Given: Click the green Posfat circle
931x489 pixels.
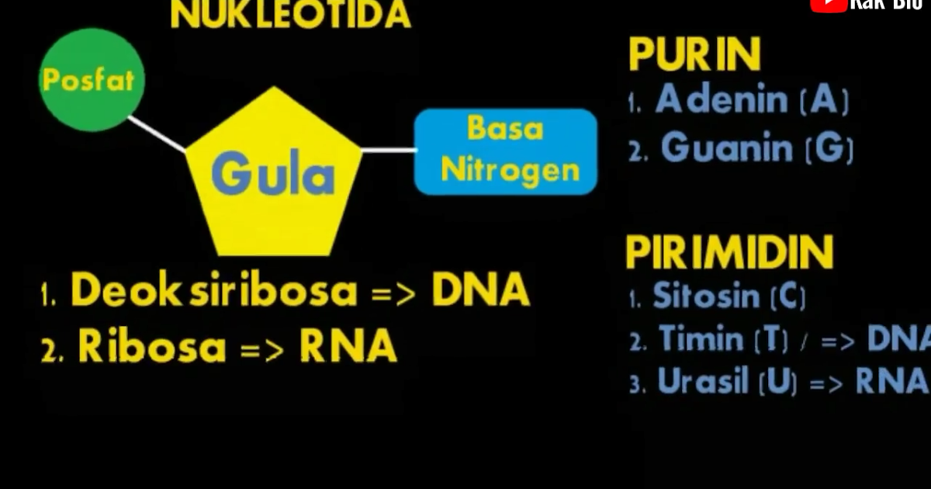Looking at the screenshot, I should [92, 80].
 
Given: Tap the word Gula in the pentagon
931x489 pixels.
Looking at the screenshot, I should [272, 175].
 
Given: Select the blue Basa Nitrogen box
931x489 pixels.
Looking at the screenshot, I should [506, 151].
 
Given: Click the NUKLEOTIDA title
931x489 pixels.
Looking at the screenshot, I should [290, 14].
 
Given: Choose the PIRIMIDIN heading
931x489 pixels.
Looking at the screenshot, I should [729, 252].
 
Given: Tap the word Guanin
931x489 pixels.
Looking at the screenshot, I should [727, 147].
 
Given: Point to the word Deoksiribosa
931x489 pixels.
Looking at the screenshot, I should [214, 291].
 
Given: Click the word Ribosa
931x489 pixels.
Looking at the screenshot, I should [151, 348].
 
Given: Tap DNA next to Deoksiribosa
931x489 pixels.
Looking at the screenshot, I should [481, 291].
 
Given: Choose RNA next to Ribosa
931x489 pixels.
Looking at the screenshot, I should [348, 348].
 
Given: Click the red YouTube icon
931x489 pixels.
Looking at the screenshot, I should [828, 5].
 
